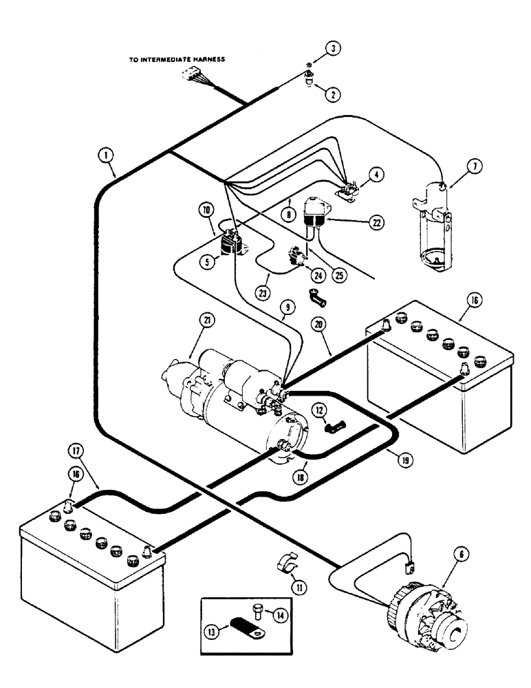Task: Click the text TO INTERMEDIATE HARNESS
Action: [177, 61]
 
